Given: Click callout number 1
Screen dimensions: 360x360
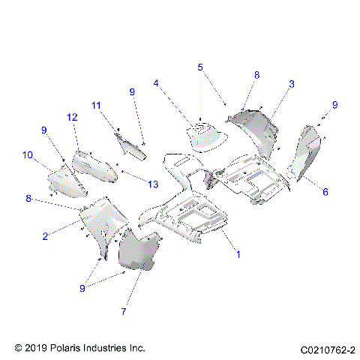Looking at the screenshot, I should (238, 255).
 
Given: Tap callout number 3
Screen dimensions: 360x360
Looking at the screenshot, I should (292, 85).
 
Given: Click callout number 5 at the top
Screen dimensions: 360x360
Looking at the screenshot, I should (200, 67).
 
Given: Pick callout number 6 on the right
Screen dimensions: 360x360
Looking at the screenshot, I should (325, 192).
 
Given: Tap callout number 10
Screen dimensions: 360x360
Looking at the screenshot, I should (28, 155).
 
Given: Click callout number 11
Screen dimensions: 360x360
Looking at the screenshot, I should (96, 105).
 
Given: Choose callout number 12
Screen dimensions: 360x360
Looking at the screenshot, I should (72, 117).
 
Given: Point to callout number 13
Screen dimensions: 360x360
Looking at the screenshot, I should (154, 184).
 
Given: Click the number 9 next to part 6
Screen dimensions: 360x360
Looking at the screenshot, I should (335, 104).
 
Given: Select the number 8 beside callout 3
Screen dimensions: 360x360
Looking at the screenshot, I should (256, 75).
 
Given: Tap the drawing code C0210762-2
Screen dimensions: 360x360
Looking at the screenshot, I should (328, 349).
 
